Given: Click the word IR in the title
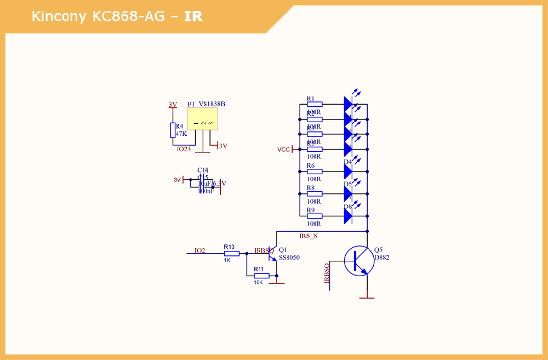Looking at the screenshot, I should (x=193, y=16).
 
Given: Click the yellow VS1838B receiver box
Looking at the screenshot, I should (x=202, y=118).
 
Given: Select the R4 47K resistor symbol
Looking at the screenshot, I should (x=173, y=130).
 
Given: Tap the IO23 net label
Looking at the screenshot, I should (x=184, y=148).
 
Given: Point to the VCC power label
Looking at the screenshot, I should (x=283, y=149).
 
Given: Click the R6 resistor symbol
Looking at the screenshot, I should (x=314, y=172).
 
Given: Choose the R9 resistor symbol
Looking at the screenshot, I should (x=314, y=216).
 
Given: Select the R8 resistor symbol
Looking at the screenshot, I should (x=314, y=193).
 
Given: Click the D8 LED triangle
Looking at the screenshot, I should (x=347, y=216).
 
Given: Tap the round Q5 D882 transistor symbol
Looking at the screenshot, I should (x=359, y=261).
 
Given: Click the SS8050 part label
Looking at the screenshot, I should (x=289, y=258).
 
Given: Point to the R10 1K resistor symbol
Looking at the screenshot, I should (x=232, y=254).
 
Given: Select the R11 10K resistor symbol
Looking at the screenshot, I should (x=261, y=276).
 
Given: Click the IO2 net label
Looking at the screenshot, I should (x=199, y=250).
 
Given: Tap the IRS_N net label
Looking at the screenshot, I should (x=308, y=236).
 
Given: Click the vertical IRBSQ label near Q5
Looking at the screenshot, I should (x=327, y=273).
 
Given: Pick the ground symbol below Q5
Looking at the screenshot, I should (x=367, y=297).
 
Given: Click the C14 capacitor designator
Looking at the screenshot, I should (x=203, y=170).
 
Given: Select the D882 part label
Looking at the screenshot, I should (x=381, y=258).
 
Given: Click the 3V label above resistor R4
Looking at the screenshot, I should (x=173, y=105).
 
